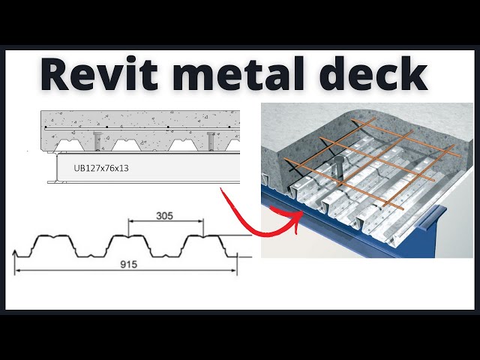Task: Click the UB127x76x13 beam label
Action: click(101, 168)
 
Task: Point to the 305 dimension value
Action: click(164, 215)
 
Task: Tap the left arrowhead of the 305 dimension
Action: click(131, 221)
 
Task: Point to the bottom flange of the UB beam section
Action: click(142, 181)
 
